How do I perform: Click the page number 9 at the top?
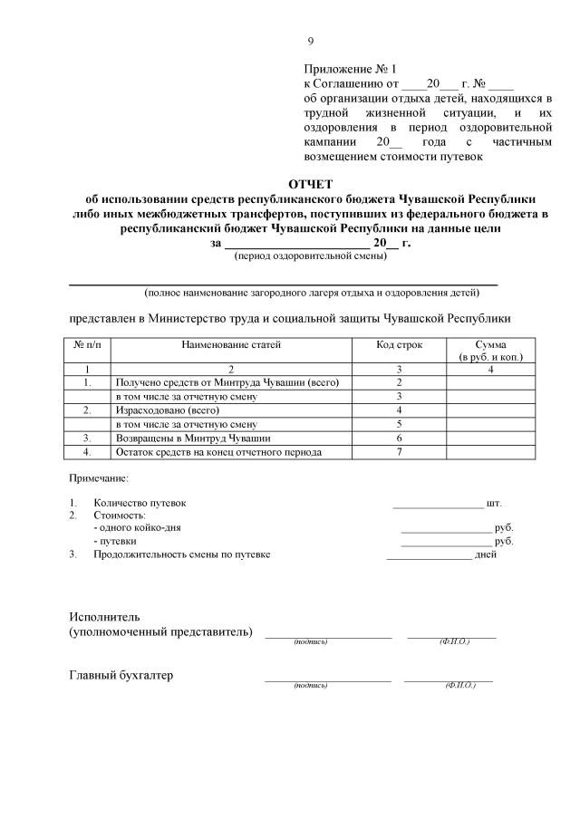311,40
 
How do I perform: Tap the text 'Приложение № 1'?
351,69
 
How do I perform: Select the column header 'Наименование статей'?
231,345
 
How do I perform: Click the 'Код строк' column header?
399,345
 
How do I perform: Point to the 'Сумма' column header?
490,345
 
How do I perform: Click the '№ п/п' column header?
86,345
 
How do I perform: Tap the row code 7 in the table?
399,451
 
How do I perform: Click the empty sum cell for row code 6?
490,438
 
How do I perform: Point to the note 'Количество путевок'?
140,503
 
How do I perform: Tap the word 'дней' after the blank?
485,554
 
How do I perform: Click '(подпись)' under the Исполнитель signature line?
310,641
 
